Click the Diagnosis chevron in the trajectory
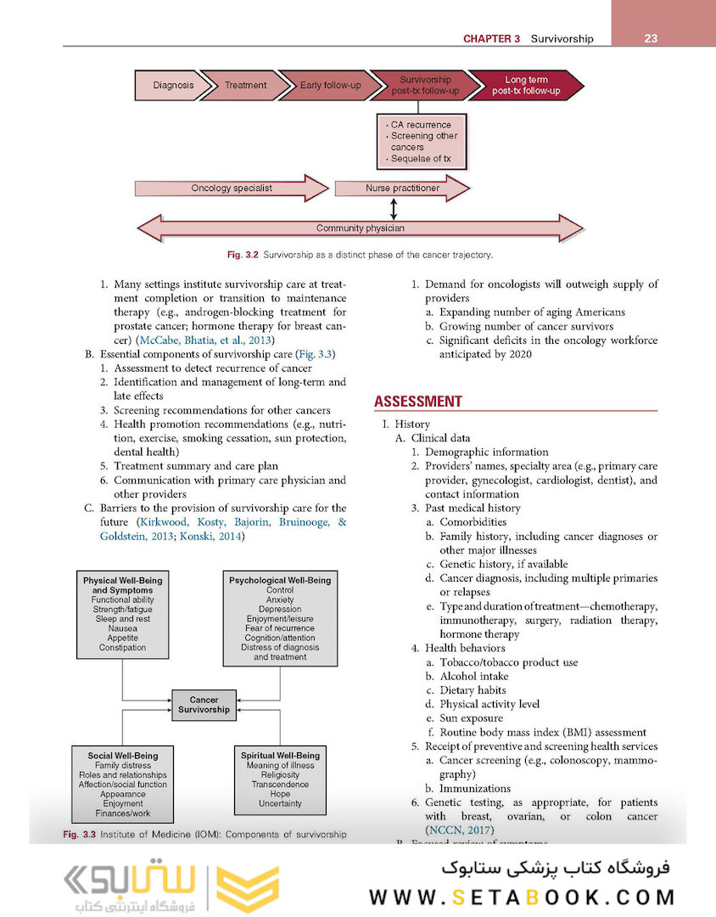click(172, 86)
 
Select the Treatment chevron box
click(245, 86)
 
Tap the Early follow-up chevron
click(329, 86)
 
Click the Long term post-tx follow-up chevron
click(526, 86)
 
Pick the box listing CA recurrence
click(421, 142)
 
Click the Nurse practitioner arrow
click(402, 188)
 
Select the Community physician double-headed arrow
click(360, 228)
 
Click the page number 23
click(652, 38)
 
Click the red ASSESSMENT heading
click(418, 402)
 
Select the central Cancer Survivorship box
click(204, 705)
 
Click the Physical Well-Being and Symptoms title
click(122, 585)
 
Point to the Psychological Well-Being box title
click(280, 581)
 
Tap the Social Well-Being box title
click(122, 756)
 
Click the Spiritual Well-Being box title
click(280, 756)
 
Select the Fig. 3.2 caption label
click(243, 255)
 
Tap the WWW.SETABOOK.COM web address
click(522, 897)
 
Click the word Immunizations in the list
click(475, 789)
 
